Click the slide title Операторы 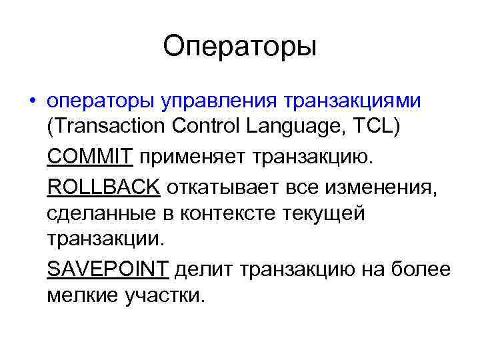pyautogui.click(x=239, y=47)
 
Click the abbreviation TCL pyautogui.click(x=377, y=127)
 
